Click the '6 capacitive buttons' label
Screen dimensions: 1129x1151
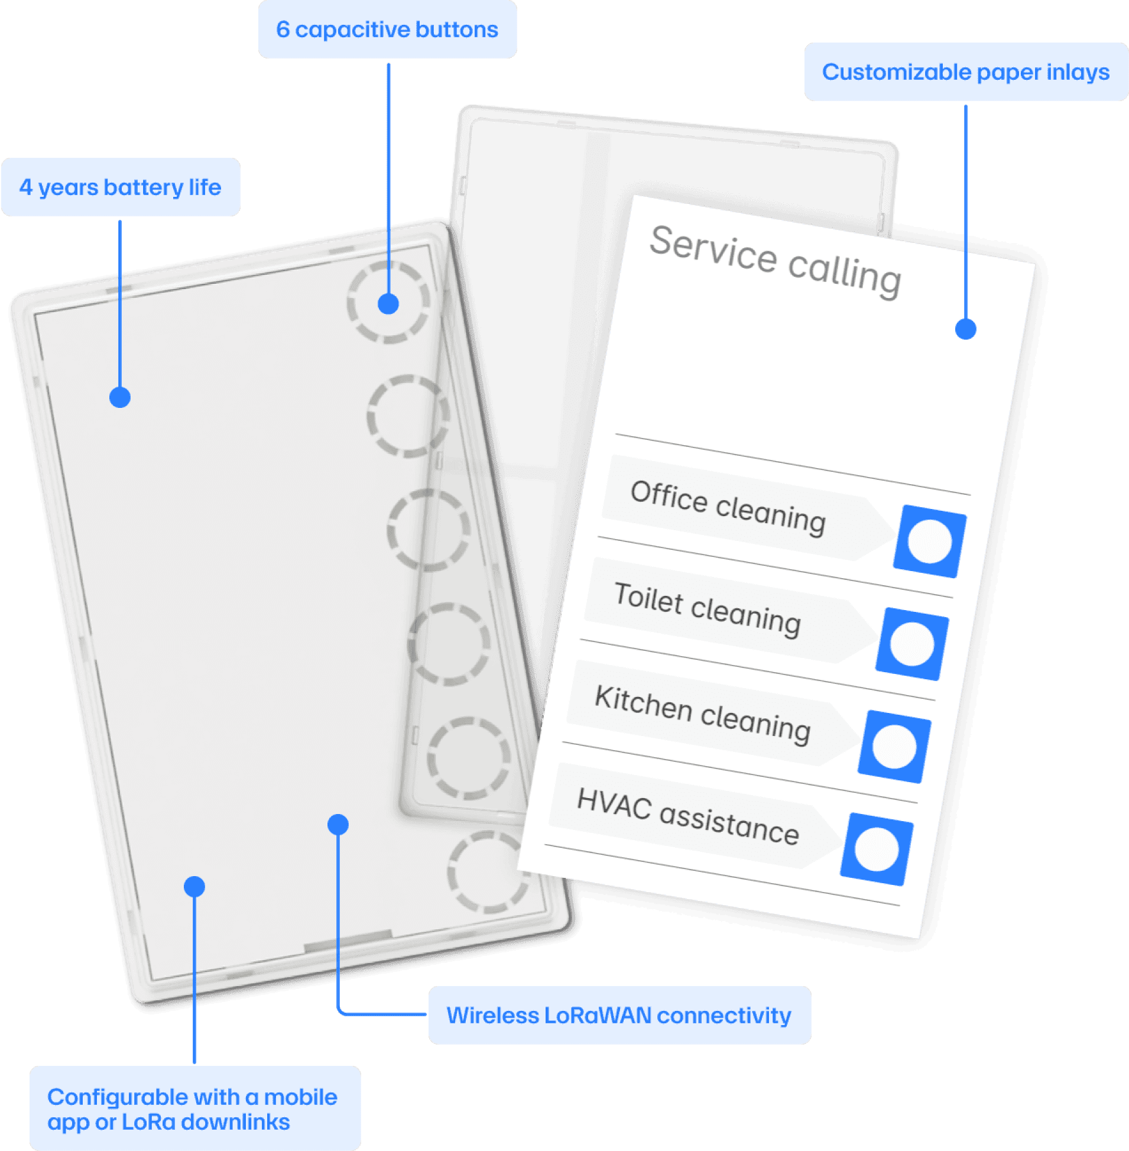(387, 30)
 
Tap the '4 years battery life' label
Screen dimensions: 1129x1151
(121, 187)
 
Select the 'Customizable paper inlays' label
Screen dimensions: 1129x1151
(965, 72)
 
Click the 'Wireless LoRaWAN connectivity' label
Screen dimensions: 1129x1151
(619, 1015)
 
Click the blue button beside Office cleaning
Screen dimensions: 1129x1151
(930, 542)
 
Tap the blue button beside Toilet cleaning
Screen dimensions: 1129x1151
(912, 644)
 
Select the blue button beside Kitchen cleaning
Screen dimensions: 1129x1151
(894, 747)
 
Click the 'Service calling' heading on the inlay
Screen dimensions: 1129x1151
(776, 260)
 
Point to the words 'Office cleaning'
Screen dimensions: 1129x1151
(728, 508)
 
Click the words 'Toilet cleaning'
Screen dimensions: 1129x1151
(708, 609)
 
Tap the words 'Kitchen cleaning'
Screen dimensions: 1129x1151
(703, 714)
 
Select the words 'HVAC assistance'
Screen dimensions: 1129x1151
(688, 816)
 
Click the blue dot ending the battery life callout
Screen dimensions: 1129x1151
(120, 397)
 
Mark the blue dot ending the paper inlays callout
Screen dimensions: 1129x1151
(965, 329)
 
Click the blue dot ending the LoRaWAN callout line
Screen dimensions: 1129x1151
(338, 824)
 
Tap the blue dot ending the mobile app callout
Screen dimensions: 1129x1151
(194, 887)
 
